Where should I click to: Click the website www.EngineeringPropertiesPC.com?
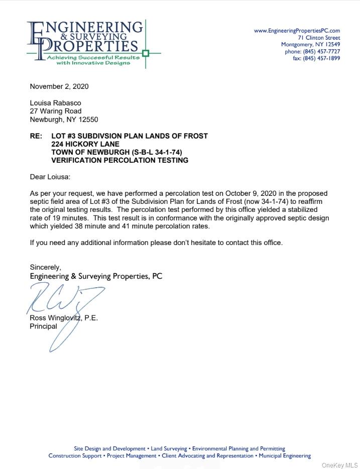297,31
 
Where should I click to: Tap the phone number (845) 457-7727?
322,51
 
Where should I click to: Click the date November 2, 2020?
59,86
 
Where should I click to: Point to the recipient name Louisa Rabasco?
55,103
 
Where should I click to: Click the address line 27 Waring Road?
55,111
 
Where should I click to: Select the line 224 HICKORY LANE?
85,144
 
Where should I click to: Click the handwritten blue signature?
65,301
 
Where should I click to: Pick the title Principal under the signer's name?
43,326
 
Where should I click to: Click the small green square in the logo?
146,53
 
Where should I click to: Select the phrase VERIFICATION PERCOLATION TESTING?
119,160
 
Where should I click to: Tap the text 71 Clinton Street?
318,38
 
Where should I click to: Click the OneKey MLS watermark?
339,465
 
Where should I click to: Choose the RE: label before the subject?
37,136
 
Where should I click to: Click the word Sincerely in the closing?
45,267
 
